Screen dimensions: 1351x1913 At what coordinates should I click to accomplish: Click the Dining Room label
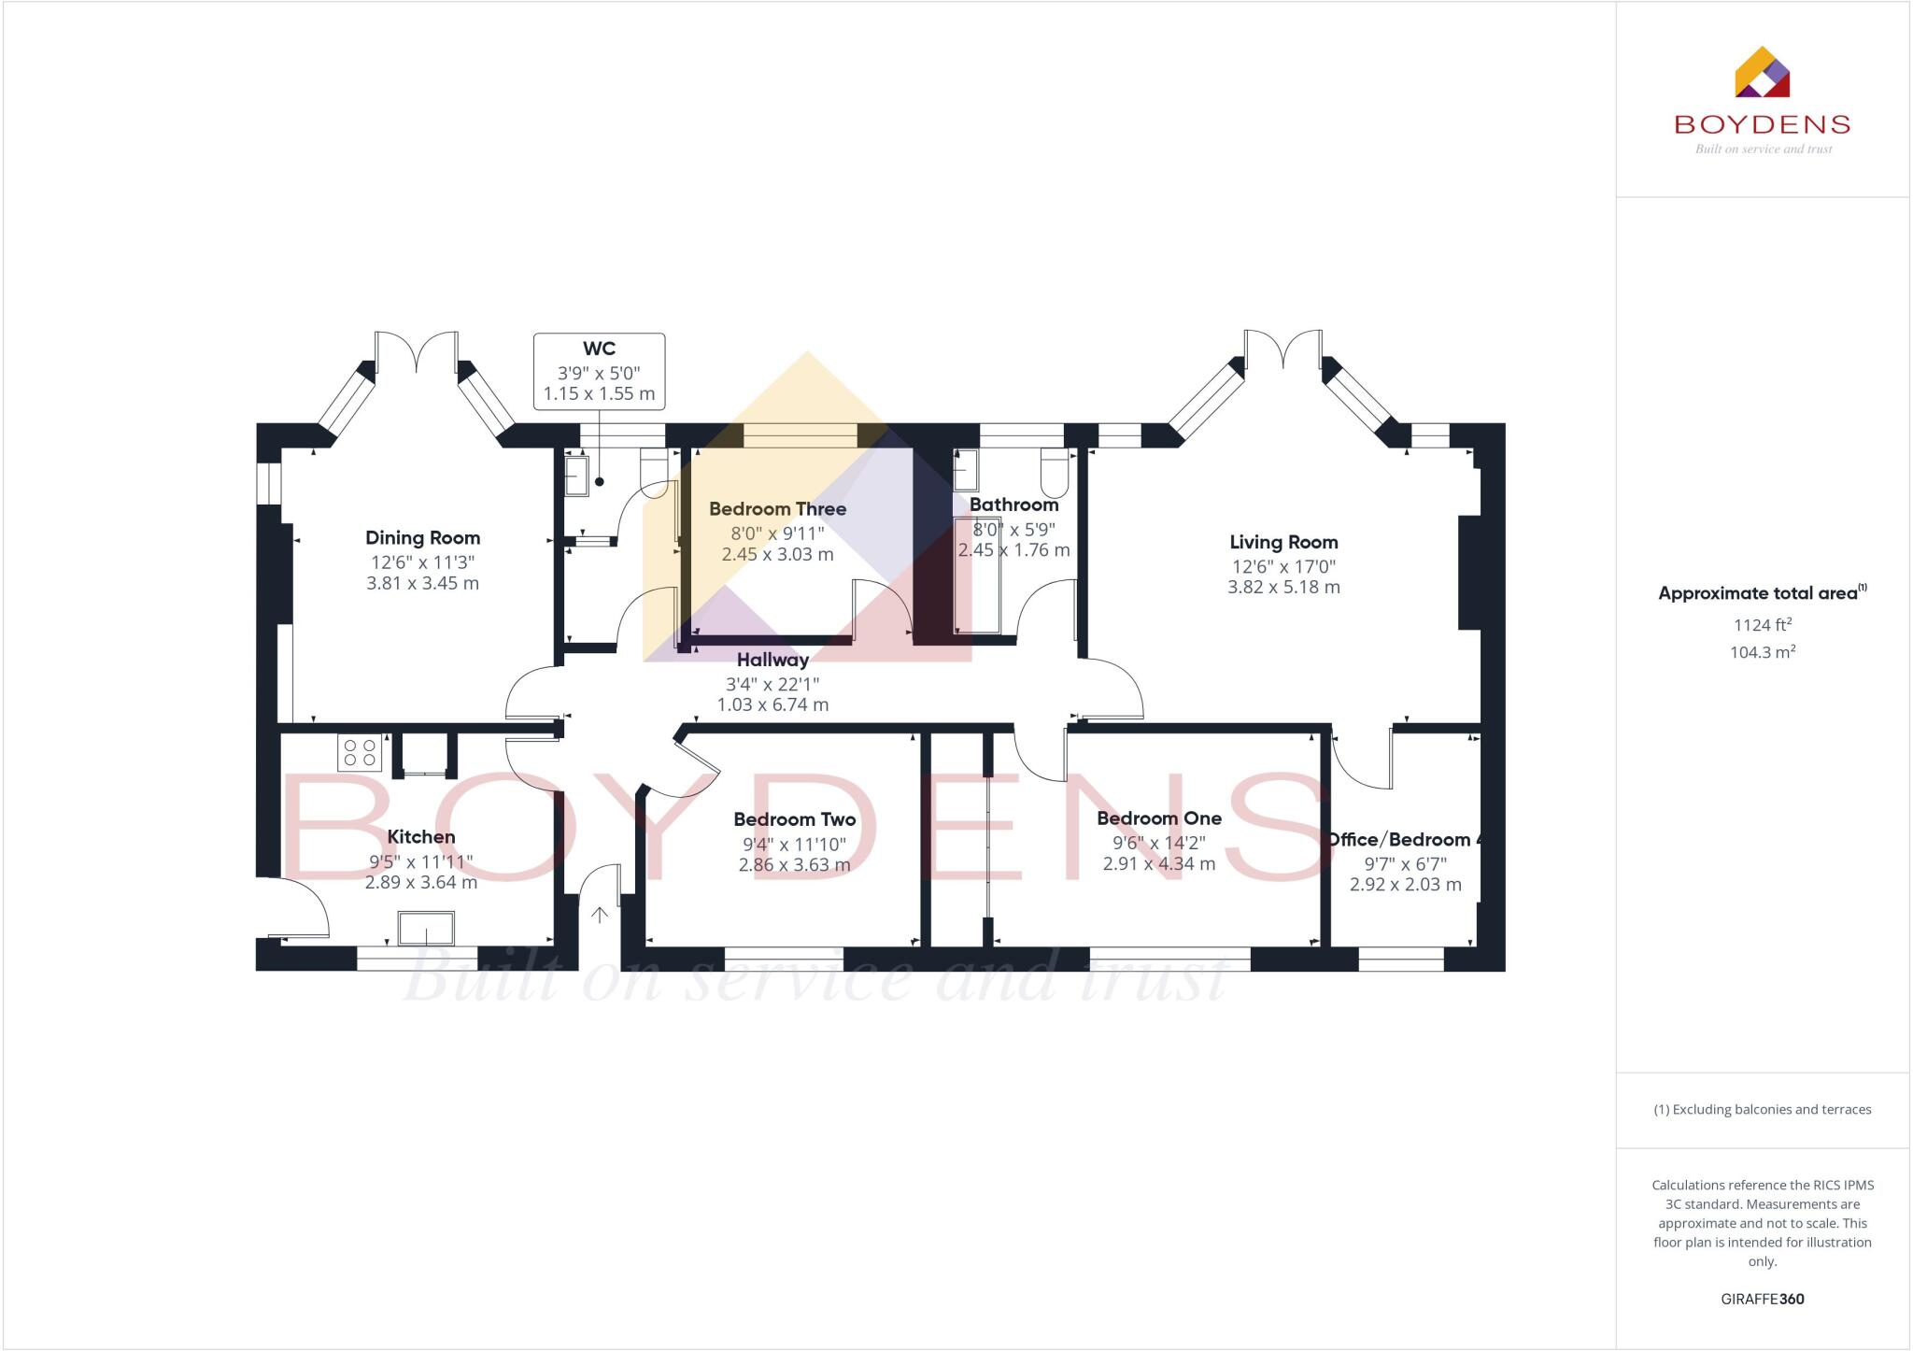click(422, 538)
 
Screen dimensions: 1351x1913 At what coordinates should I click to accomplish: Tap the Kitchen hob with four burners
click(360, 753)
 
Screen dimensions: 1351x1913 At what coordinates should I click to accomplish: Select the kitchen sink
click(426, 929)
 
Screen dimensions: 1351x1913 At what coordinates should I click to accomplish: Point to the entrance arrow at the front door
click(600, 915)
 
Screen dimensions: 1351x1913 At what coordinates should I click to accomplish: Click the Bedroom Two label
click(794, 819)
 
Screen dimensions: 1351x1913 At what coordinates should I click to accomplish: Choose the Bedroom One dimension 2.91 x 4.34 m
click(1158, 864)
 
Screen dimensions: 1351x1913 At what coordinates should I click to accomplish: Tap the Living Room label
click(1283, 542)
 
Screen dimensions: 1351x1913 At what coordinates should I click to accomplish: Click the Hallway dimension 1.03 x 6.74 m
click(772, 705)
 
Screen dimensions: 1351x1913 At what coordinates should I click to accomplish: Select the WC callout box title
click(599, 348)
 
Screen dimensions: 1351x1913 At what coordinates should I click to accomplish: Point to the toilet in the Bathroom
click(1055, 473)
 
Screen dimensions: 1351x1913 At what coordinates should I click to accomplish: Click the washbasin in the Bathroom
click(966, 469)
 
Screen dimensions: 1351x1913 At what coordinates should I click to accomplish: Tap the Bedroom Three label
click(777, 509)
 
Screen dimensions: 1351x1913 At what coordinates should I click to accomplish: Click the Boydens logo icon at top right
click(1762, 72)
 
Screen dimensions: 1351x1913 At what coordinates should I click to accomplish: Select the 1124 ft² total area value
click(1763, 625)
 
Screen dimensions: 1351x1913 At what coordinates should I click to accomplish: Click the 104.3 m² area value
click(1763, 652)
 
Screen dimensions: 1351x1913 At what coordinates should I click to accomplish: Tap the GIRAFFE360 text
click(1762, 1299)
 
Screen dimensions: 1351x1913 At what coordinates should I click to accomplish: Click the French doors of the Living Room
click(1282, 351)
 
